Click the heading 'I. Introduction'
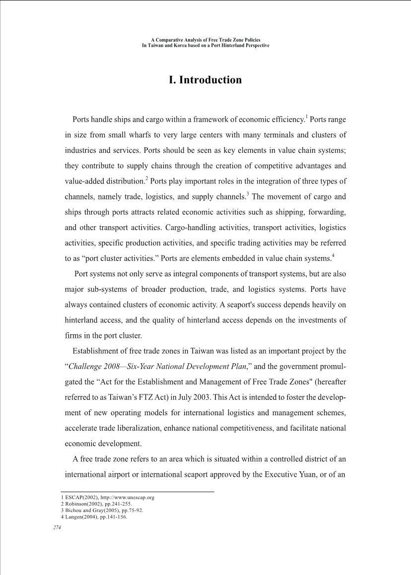pyautogui.click(x=205, y=80)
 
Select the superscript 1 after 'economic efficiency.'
pyautogui.click(x=307, y=117)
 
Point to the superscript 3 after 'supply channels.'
pyautogui.click(x=248, y=193)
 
